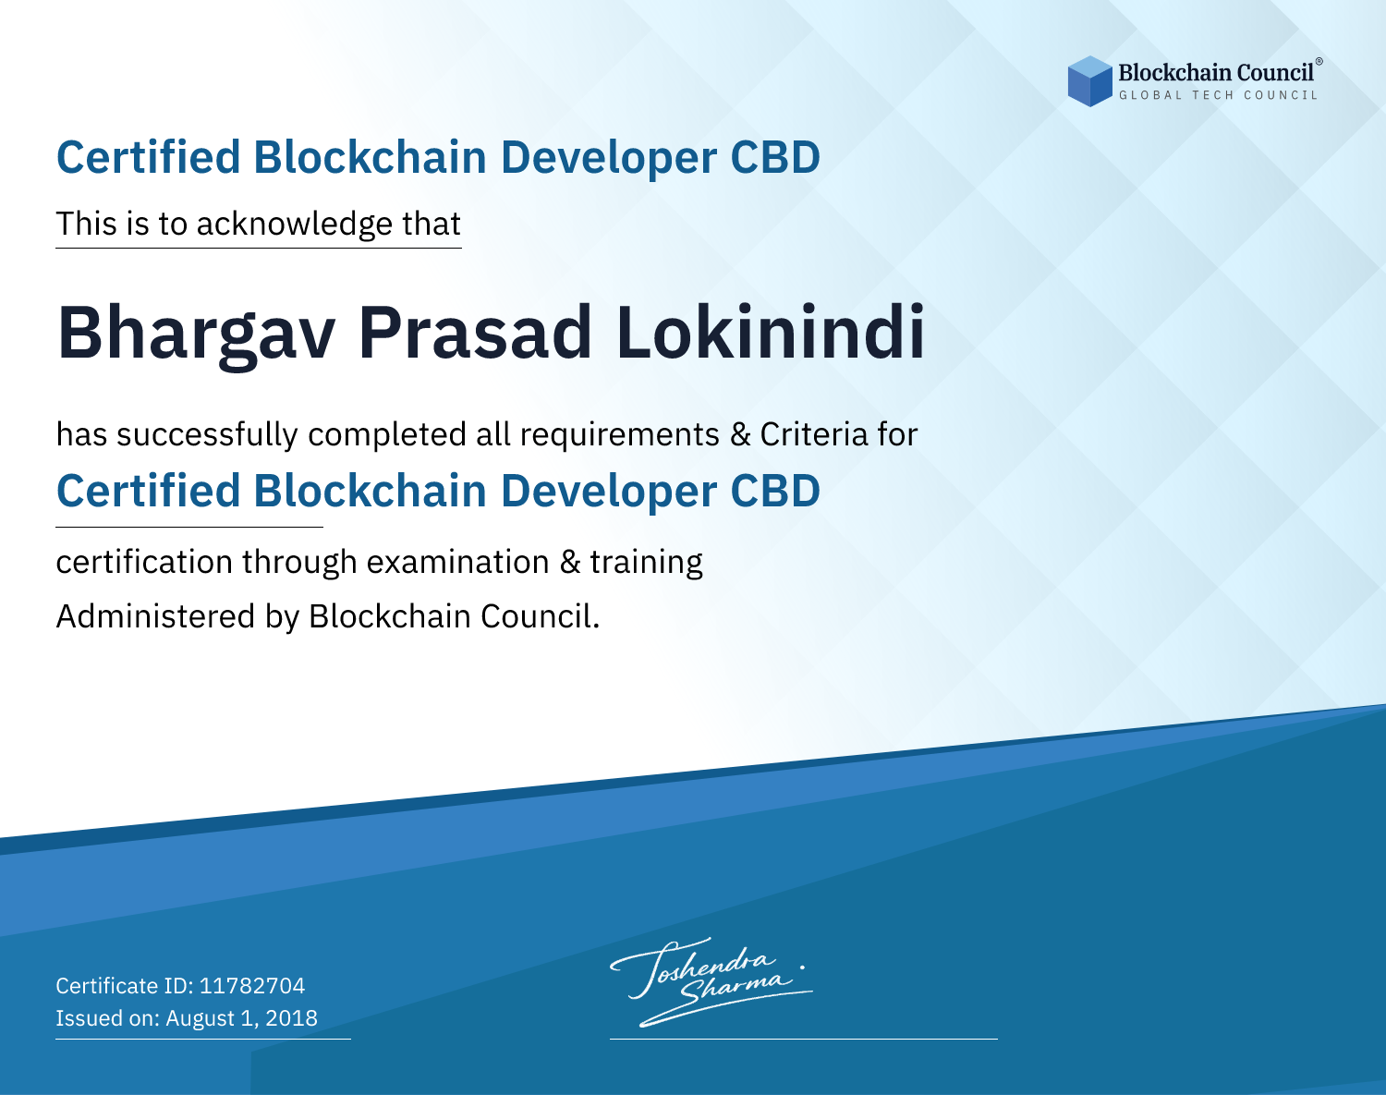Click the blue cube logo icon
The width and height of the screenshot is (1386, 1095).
tap(1089, 81)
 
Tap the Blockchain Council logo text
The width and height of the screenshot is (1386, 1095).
tap(1216, 73)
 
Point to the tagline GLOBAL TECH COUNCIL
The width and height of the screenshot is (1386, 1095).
tap(1218, 95)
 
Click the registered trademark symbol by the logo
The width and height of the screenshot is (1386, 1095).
tap(1319, 62)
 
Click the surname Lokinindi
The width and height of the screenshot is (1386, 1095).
tap(771, 332)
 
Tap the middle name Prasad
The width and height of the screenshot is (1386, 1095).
tap(475, 332)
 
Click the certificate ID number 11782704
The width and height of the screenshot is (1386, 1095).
tap(252, 985)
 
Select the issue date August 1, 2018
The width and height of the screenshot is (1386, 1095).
tap(241, 1018)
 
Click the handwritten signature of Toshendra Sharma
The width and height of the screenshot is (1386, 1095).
tap(709, 981)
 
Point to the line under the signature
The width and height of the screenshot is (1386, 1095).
tap(804, 1039)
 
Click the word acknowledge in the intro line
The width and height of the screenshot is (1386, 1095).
tap(295, 225)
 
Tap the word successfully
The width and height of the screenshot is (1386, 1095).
tap(207, 435)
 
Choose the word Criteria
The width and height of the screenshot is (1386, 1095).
tap(813, 434)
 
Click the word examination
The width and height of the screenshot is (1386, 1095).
tap(458, 562)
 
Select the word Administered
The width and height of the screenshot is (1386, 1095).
tap(156, 616)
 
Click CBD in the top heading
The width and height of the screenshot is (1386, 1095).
tap(775, 157)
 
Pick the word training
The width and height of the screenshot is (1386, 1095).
tap(647, 563)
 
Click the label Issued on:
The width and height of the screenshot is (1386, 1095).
tap(107, 1018)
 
